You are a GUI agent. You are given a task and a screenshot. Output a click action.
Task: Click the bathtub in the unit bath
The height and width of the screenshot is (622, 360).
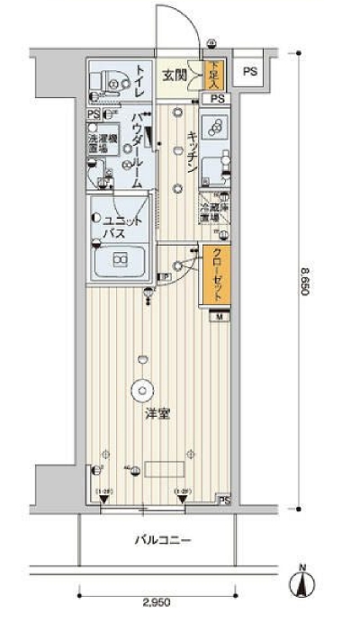coord(121,262)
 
